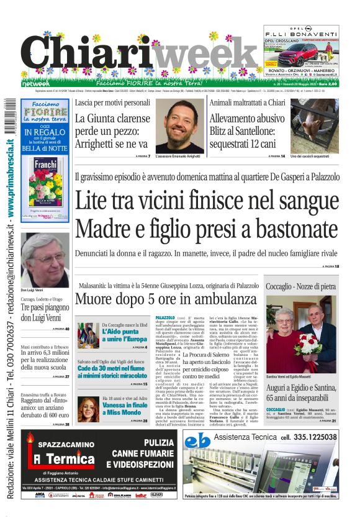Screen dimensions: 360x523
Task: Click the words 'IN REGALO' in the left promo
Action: point(45,132)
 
